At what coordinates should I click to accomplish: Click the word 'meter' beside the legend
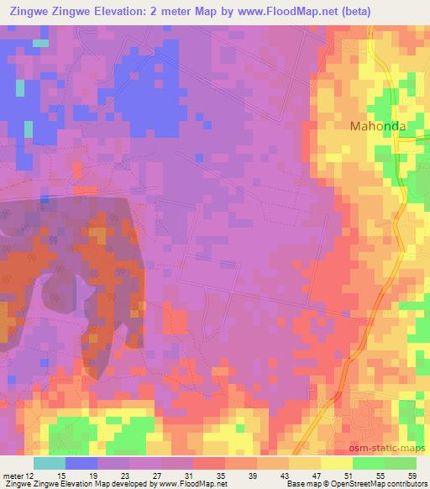coord(14,475)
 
